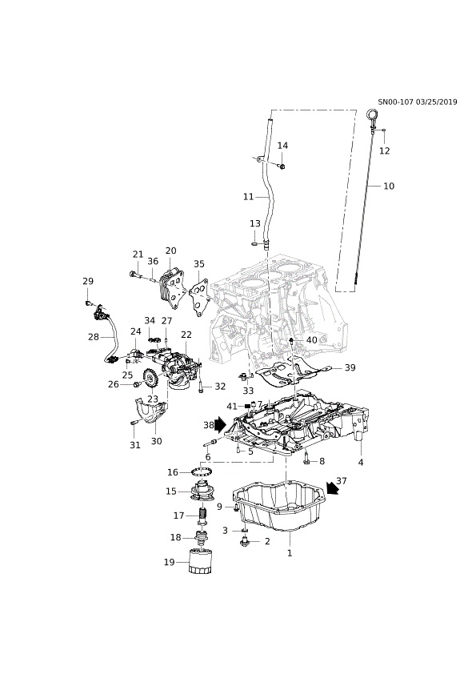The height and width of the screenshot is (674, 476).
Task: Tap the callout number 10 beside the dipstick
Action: coord(389,186)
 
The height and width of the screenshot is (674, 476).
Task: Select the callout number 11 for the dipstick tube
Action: coord(249,196)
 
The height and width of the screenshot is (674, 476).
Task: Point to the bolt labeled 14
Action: coord(282,166)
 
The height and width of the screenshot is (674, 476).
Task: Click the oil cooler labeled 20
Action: coord(170,286)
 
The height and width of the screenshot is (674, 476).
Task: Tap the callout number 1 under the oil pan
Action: coord(290,552)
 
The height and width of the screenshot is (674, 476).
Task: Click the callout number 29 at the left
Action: coord(88,281)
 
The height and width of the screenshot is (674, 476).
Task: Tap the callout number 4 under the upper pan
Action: coord(361,463)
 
